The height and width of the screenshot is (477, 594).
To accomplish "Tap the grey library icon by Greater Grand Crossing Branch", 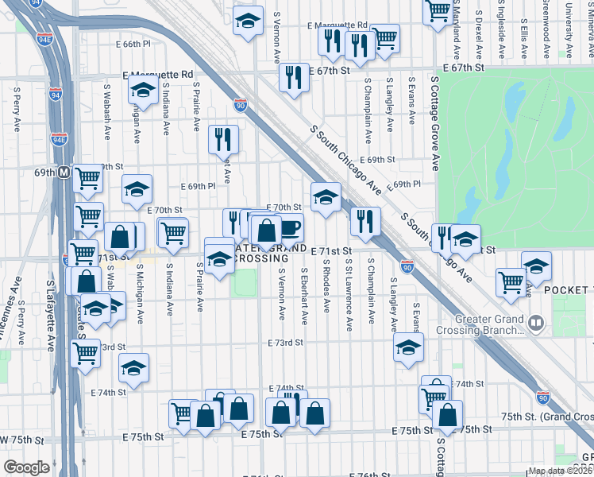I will click(x=538, y=323).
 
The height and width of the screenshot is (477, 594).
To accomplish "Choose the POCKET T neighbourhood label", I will click(x=569, y=291).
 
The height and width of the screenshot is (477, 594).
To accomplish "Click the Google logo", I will click(x=26, y=467).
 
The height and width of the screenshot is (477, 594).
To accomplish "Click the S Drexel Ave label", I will click(x=479, y=34).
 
